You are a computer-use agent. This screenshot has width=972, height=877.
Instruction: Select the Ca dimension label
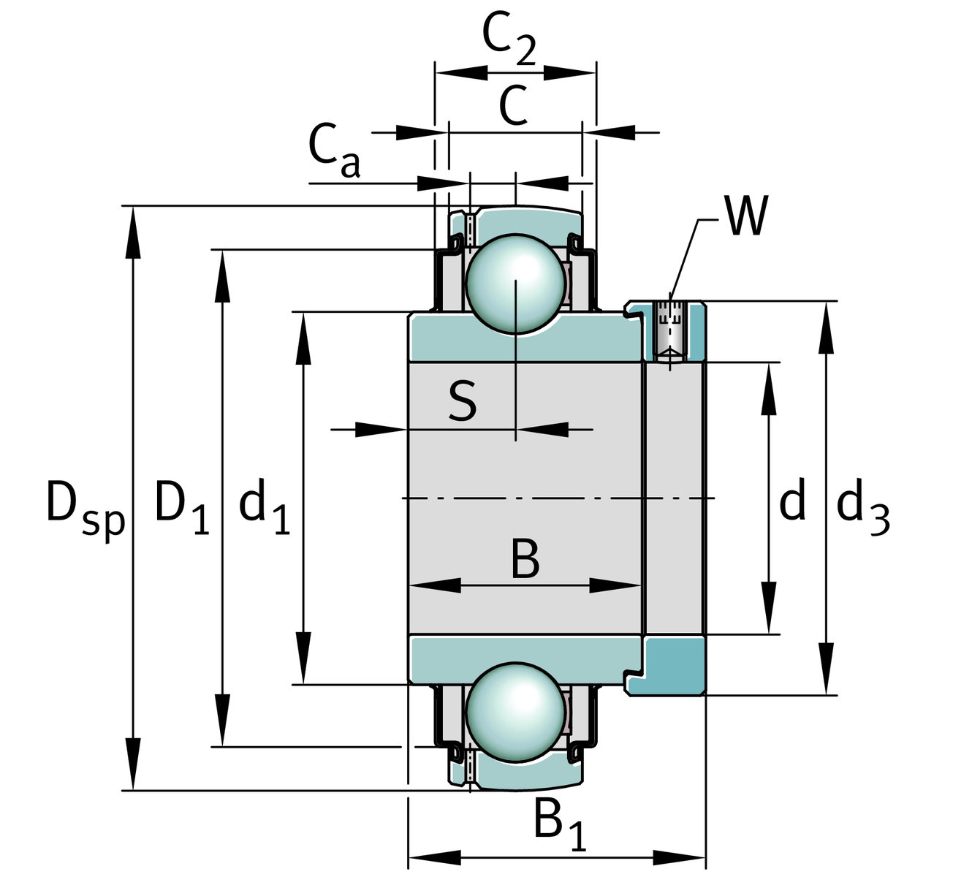coord(333,151)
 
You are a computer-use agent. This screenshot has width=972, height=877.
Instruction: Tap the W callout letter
coord(746,216)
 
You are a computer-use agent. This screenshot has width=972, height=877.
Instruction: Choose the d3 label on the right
coord(862,508)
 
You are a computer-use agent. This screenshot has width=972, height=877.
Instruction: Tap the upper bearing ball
coord(516,284)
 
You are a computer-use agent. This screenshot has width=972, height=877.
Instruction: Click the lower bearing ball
coord(516,713)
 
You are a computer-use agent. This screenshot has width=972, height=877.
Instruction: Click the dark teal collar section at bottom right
coord(675,665)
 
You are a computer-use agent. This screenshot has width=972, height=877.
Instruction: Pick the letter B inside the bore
coord(525,559)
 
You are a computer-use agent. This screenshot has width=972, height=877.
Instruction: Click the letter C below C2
coord(513,105)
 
